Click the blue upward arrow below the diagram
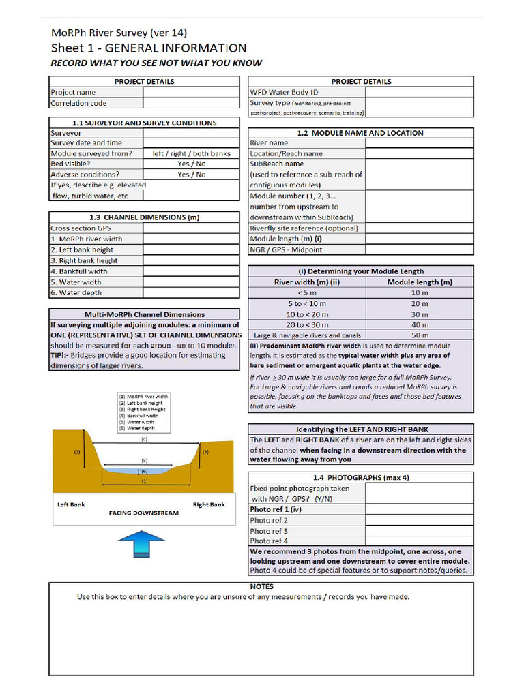tap(141, 545)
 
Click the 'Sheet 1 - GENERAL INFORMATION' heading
tap(149, 48)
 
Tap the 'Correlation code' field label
tap(78, 104)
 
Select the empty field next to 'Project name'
tap(191, 93)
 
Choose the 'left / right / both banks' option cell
tap(191, 154)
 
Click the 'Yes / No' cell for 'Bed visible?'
tap(191, 164)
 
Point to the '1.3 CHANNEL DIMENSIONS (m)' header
tap(144, 217)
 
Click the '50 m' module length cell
tap(420, 335)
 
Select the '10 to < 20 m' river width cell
tap(307, 314)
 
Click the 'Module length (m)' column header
tap(420, 282)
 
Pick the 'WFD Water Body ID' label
tap(285, 92)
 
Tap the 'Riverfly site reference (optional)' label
tap(304, 228)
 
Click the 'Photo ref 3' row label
tap(269, 531)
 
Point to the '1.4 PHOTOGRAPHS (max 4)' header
tap(360, 478)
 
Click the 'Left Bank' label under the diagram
tap(71, 505)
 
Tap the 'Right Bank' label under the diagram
tap(209, 505)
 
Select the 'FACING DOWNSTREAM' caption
tap(144, 513)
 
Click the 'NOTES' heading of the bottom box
tap(262, 587)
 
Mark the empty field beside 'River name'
tap(420, 143)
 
